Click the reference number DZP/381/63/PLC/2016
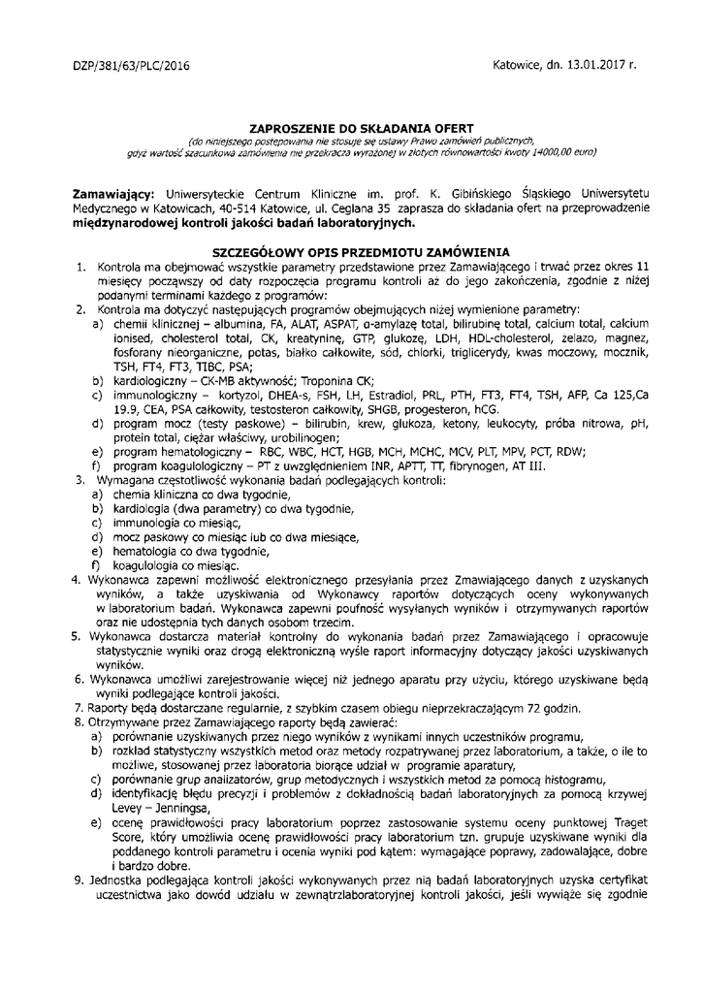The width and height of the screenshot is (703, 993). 132,67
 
